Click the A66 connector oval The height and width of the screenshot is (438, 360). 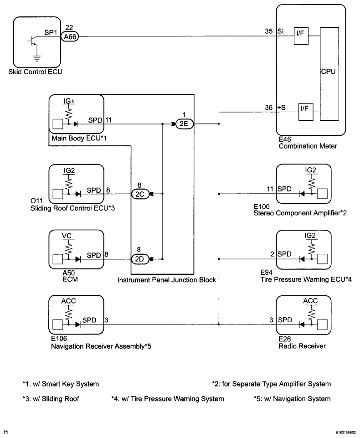(70, 36)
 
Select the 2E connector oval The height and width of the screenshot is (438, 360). (184, 124)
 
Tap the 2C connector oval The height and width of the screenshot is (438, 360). (140, 194)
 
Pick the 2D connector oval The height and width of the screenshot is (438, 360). (140, 259)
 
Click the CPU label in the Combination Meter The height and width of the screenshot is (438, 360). (328, 72)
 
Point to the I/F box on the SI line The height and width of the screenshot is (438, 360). (301, 36)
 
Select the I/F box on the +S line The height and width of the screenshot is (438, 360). (305, 112)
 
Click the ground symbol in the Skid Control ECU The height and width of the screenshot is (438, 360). (36, 58)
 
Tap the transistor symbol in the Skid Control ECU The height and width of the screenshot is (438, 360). (33, 41)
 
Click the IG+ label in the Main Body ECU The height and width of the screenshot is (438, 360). (69, 101)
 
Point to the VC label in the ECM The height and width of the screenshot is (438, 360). (67, 236)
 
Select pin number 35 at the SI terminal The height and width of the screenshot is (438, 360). (269, 31)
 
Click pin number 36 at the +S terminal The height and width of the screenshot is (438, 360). (269, 108)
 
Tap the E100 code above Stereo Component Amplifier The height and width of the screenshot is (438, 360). (262, 207)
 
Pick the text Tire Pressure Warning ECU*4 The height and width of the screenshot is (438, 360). (306, 279)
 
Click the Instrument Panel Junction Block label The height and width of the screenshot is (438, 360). (167, 280)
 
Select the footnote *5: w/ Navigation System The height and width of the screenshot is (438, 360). (292, 399)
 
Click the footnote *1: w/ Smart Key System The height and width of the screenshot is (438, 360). (61, 384)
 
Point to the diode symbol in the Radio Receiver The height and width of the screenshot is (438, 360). (302, 325)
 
